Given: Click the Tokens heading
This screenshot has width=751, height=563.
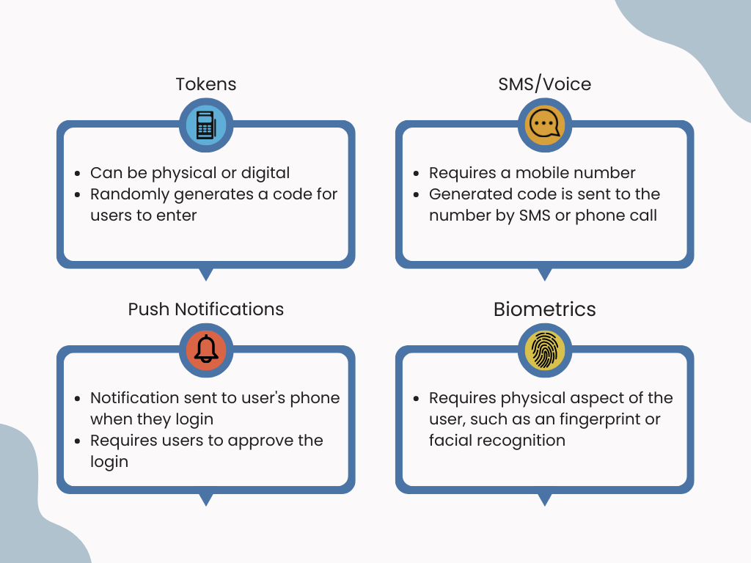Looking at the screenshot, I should pos(206,84).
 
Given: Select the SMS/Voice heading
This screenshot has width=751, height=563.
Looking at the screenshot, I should pos(544,84).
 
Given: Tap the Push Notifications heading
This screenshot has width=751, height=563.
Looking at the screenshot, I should pos(206,309).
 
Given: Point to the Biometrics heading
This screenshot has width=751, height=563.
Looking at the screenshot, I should pos(544,309).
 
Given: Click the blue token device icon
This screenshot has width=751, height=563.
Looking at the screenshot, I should pos(206,125).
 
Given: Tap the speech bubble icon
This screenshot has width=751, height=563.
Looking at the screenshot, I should pos(544,125).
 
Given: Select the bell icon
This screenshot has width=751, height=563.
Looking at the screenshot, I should pos(206,350).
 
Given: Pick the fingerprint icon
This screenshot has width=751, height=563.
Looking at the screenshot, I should pos(544,350).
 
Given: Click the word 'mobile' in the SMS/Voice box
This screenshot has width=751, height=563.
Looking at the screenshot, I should pos(541,173).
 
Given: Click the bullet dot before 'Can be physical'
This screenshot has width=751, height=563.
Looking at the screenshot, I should pos(78,174).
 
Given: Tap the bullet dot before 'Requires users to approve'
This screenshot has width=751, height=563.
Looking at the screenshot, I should pos(78,441).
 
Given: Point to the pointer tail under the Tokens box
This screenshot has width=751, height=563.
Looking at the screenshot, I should pos(206,273).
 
